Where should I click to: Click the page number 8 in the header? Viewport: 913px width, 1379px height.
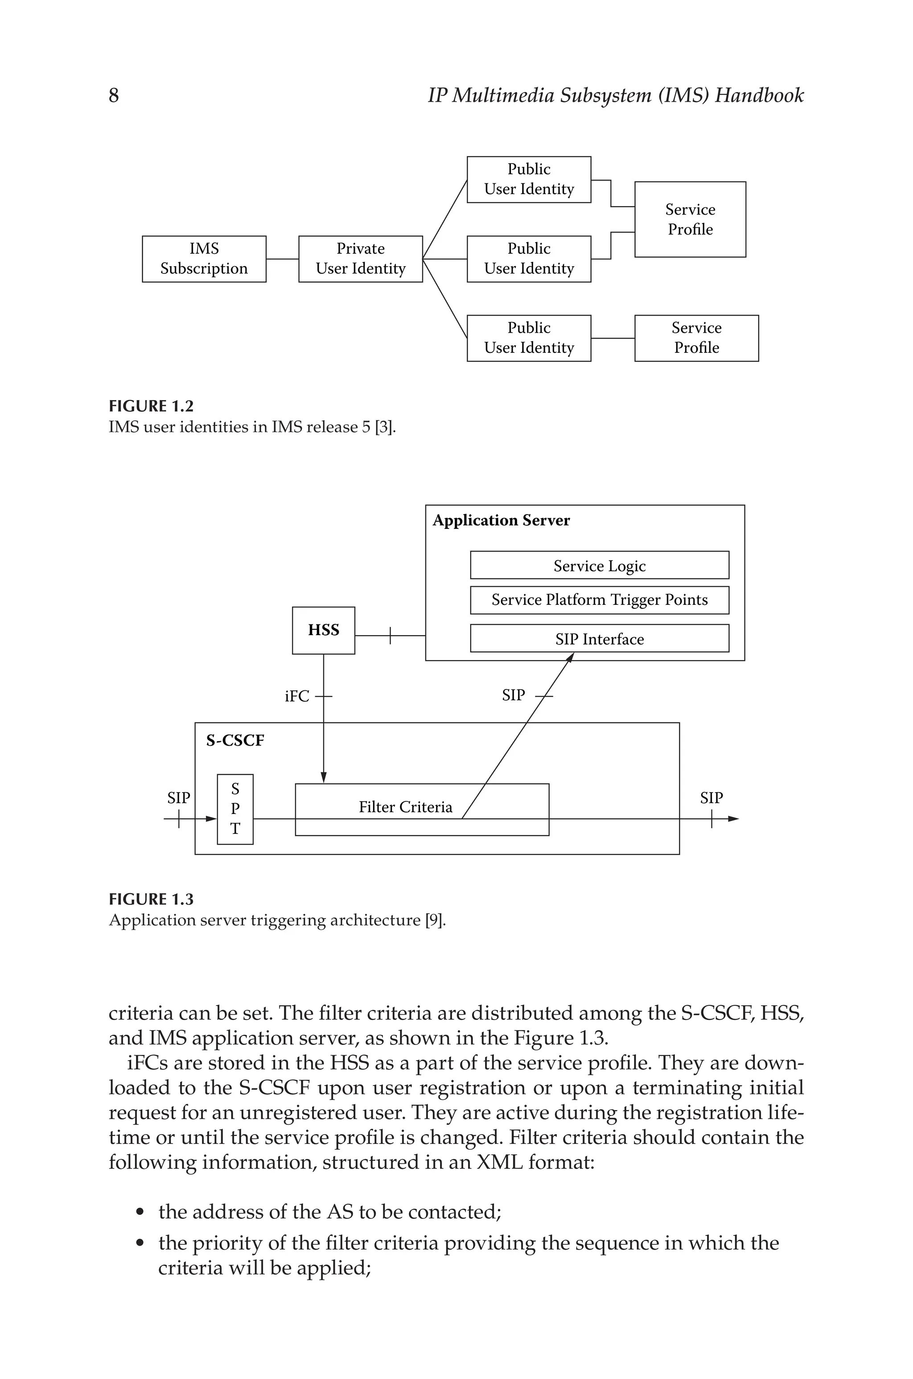point(114,95)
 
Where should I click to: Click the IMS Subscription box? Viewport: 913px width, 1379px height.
point(204,259)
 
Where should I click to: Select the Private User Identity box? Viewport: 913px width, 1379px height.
point(360,259)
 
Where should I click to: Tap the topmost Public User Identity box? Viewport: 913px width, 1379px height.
point(529,179)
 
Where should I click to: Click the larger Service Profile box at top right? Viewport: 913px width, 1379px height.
point(690,219)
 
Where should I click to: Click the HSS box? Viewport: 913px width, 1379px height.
point(323,630)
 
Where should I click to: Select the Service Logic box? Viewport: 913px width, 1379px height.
point(599,566)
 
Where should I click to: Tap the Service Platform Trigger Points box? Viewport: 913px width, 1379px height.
point(599,600)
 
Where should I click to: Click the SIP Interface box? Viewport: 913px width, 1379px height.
point(599,639)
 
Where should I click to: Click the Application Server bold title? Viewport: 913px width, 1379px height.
point(501,520)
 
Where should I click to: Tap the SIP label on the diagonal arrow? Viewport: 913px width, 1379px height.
point(513,695)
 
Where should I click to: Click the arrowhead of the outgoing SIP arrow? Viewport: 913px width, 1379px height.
point(734,819)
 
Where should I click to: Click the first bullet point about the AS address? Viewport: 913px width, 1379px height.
point(329,1212)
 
